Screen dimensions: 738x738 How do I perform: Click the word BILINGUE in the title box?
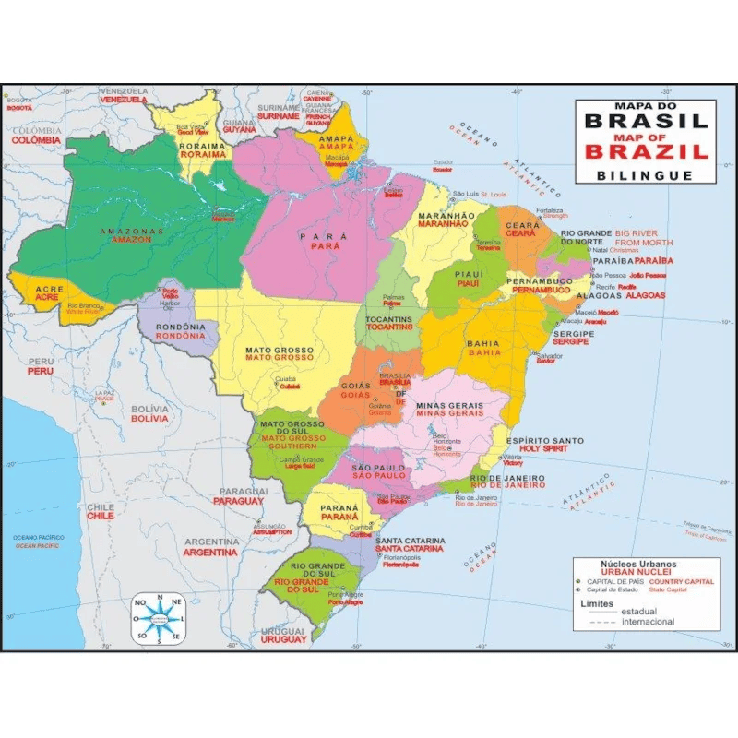645,174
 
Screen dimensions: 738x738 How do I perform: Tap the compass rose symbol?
159,617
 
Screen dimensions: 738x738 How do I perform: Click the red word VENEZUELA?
124,100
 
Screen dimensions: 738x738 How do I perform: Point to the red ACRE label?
47,297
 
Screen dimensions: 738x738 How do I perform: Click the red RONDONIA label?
181,337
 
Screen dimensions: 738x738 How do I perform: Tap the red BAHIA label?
484,352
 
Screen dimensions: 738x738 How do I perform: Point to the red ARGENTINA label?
210,553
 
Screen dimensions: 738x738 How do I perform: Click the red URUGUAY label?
283,639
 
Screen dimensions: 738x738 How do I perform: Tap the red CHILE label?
101,517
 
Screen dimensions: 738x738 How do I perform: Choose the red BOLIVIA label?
149,418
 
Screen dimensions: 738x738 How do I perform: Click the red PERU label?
41,371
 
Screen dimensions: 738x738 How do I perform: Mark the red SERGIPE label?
571,341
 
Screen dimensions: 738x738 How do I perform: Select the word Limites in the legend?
596,602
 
